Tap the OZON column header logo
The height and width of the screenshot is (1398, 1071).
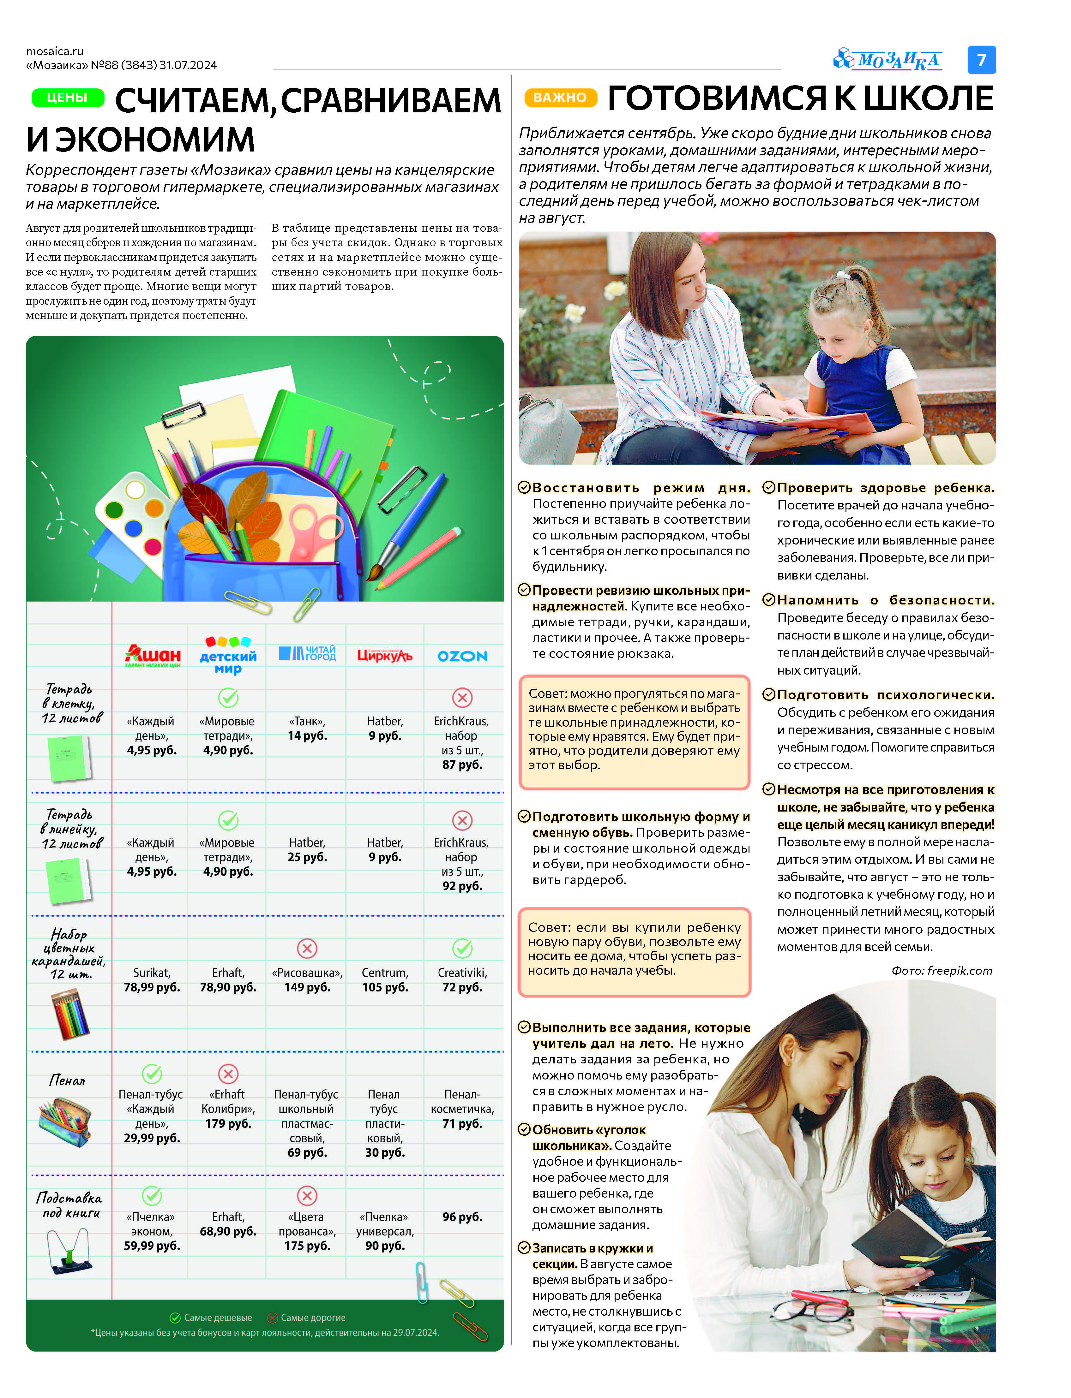click(462, 656)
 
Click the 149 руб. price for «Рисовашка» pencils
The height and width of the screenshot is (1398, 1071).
click(307, 987)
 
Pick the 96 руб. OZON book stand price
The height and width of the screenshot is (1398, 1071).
click(462, 1217)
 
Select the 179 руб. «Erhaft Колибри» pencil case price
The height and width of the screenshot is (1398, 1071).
click(228, 1123)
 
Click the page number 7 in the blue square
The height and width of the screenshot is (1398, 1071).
click(981, 60)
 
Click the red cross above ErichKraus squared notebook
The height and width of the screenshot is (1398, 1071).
click(462, 698)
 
